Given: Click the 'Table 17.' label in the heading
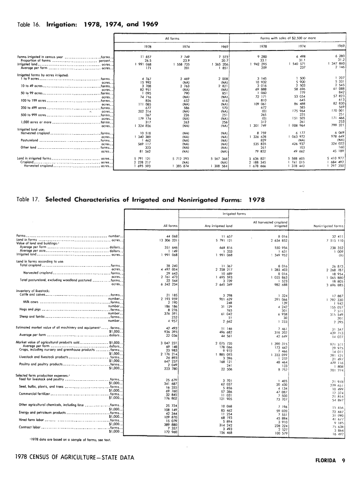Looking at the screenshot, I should click(x=28, y=199).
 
